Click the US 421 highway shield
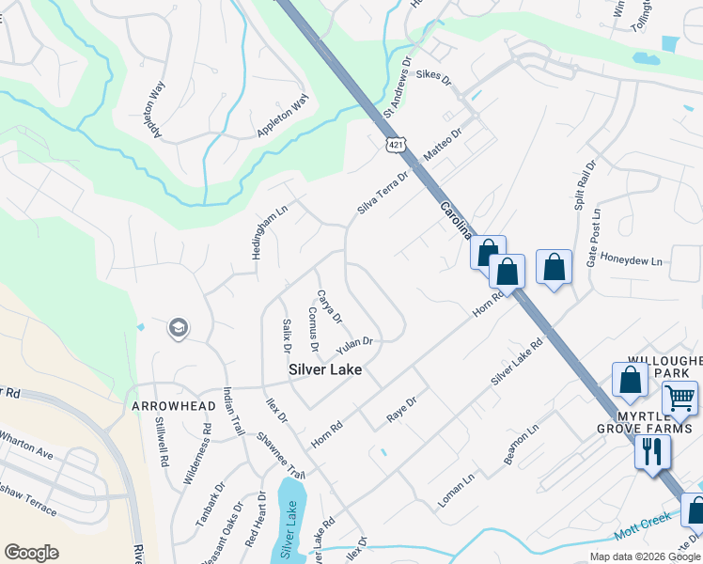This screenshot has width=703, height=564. pos(393,144)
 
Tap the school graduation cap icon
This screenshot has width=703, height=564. pos(177,328)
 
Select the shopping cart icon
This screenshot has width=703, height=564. pos(680,398)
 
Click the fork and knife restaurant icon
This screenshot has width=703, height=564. pos(651,451)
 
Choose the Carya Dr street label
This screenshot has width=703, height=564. pos(329,306)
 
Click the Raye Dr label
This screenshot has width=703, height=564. pos(401,410)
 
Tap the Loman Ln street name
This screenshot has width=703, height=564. pos(456,491)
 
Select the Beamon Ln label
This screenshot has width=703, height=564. pos(521,444)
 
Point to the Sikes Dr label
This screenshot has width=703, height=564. pos(433,74)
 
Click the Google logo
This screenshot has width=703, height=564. pos(31,553)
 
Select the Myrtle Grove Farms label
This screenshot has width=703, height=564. pos(655,423)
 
